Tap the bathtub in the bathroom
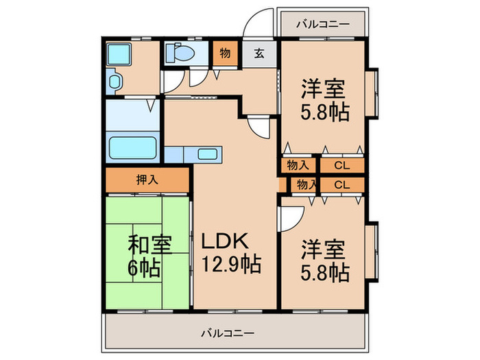(134, 147)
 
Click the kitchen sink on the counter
(208, 154)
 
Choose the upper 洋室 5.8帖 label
(322, 100)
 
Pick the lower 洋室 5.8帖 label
(322, 260)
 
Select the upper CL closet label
(341, 166)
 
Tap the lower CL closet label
(341, 184)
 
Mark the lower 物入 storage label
(304, 184)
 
